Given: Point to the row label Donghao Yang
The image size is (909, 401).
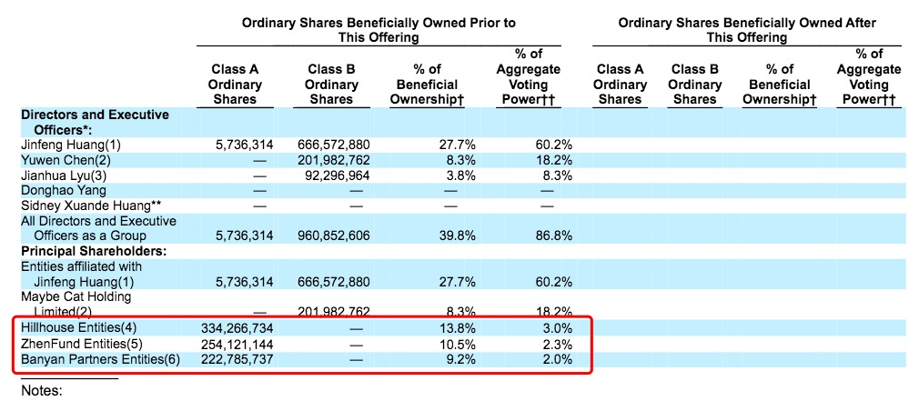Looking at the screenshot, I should point(63,190).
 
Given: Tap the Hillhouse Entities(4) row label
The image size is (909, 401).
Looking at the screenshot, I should point(80,327).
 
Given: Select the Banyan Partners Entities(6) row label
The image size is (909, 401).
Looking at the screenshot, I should point(100,359).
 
